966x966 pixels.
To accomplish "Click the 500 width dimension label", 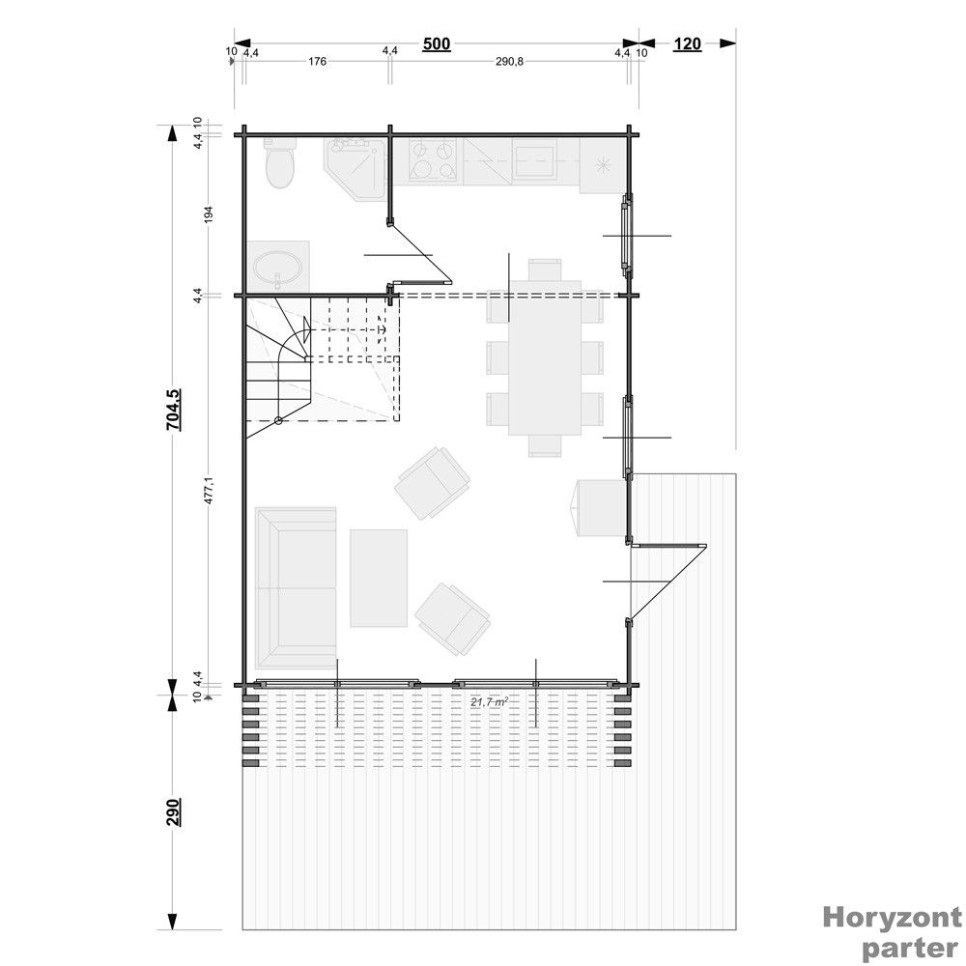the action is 437,44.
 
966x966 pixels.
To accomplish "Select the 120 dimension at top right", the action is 688,44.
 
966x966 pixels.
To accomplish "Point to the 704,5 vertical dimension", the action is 174,410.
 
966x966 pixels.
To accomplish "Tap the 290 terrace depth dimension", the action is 174,812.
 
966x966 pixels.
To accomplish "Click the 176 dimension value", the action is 317,62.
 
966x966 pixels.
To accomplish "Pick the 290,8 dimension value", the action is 509,62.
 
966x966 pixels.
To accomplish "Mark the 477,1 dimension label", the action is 209,491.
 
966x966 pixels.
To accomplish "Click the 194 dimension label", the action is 209,214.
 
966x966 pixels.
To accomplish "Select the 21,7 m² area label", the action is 489,701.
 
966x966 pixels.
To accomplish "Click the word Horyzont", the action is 892,918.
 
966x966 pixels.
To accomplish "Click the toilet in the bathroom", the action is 280,162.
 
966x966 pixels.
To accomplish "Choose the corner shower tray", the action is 355,166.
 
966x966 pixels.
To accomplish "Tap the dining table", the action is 545,357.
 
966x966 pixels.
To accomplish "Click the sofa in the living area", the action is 296,587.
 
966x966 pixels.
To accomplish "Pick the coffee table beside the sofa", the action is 379,579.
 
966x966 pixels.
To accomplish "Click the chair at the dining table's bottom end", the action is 545,445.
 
